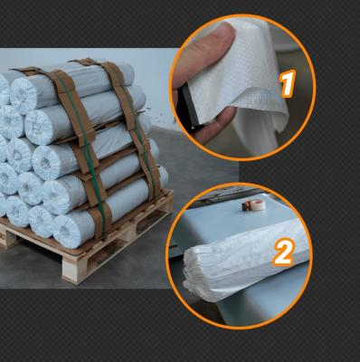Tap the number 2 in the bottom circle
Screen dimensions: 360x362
tap(283, 252)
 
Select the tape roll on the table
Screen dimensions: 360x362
tap(253, 205)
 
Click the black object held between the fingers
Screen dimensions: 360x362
tap(187, 106)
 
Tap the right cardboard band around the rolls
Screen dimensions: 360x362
tap(133, 127)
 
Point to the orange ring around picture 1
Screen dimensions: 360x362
tap(243, 15)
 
